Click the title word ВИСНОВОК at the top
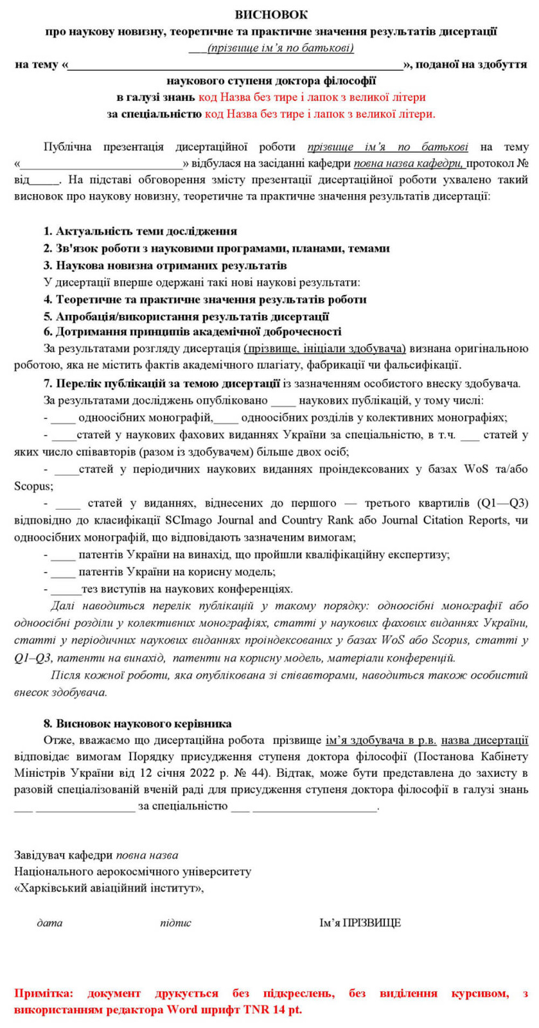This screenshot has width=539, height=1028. [x=270, y=14]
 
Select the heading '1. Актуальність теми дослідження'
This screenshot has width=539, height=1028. [x=140, y=231]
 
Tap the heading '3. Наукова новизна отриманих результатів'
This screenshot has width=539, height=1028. [x=165, y=265]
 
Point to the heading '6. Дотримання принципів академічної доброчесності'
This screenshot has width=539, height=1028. [x=192, y=332]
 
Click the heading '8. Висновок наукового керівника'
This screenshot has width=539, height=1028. [x=137, y=723]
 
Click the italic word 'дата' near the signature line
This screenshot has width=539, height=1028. [x=50, y=923]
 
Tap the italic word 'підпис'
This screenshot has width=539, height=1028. [x=175, y=923]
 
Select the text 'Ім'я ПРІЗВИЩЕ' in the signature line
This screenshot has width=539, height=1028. [x=360, y=923]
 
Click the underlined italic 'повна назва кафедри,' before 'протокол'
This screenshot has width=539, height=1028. [x=410, y=164]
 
